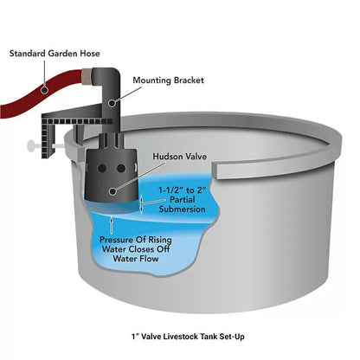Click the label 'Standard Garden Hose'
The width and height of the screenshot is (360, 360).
[55, 54]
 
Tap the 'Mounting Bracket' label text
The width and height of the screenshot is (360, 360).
[168, 80]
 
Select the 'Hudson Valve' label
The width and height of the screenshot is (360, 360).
[180, 157]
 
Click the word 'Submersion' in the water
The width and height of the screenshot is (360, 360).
[182, 209]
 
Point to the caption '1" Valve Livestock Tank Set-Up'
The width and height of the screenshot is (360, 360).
[188, 337]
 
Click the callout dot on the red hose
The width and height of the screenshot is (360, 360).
[44, 90]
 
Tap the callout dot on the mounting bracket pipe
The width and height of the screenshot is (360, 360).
[112, 102]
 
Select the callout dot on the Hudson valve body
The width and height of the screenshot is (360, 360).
[112, 191]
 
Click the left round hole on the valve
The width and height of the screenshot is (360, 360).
[101, 169]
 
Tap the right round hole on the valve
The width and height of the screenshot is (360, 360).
[121, 169]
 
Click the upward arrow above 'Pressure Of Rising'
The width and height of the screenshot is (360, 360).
[112, 226]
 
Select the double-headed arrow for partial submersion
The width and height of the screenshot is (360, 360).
[141, 205]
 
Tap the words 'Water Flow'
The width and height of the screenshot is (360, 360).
[136, 258]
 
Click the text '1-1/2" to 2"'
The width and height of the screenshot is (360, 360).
[183, 190]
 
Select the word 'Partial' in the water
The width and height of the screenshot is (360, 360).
[182, 200]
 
